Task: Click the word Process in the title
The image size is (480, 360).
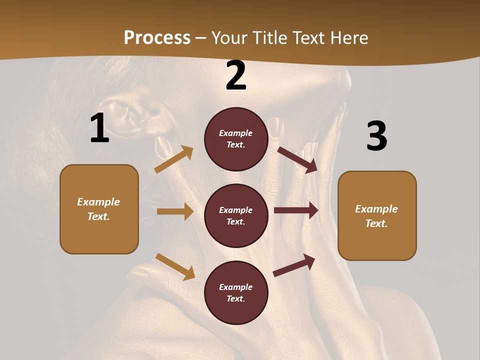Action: click(157, 38)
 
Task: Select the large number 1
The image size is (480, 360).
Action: click(99, 128)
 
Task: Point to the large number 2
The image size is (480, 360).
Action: click(236, 75)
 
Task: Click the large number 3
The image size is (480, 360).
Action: click(376, 136)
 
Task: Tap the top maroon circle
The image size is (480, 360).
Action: click(236, 139)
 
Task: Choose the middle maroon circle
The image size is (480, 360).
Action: click(236, 216)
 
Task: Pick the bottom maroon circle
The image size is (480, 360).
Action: click(236, 293)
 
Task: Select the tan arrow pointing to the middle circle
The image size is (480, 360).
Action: click(175, 211)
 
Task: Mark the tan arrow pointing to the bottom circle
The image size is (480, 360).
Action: click(175, 266)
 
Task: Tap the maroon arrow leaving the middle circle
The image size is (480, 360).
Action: click(296, 210)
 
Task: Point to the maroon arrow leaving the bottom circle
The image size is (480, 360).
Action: click(294, 265)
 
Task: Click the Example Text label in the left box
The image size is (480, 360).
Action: click(99, 209)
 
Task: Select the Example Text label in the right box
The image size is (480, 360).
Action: click(377, 216)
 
